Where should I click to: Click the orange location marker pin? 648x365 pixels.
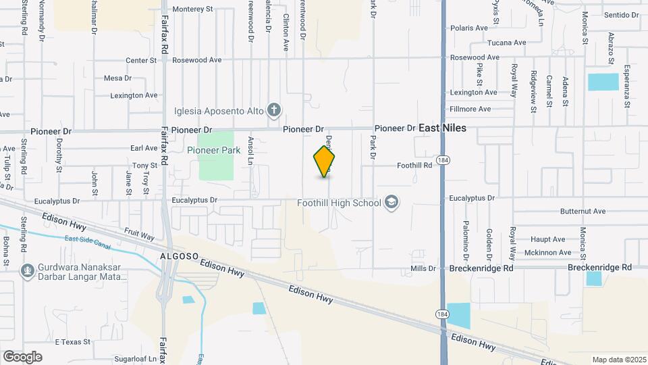coord(325,162)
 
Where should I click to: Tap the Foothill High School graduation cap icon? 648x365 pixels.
coord(391,203)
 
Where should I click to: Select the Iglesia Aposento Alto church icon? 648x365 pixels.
coord(273,109)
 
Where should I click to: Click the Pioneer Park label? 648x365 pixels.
coord(214,150)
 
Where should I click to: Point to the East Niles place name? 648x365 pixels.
coord(443,128)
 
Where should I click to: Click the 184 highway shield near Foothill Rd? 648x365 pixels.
coord(442,160)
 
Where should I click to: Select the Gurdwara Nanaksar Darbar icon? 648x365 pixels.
coord(27,270)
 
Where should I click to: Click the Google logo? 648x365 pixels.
coord(22,356)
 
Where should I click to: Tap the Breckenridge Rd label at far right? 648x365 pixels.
coord(599,268)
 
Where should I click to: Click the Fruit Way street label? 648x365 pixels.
coord(139,235)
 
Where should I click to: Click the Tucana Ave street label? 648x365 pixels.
coord(506,43)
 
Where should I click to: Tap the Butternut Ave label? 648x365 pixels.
coord(583,212)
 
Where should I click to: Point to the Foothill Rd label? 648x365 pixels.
coord(414,165)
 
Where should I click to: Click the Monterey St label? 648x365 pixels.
coord(192,9)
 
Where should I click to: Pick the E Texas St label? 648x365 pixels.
coord(72,342)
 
